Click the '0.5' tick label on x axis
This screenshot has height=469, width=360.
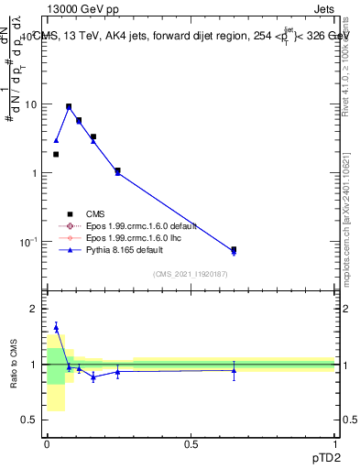tap(191, 444)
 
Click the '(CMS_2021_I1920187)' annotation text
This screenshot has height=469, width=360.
tap(190, 274)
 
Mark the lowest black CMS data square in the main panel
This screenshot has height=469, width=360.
tap(234, 249)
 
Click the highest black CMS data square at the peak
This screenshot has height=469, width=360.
tap(69, 106)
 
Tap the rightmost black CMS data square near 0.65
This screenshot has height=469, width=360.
tap(234, 249)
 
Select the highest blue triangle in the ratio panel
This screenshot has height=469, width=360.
tap(56, 326)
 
